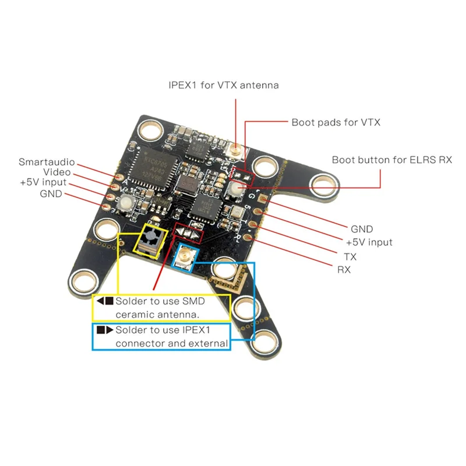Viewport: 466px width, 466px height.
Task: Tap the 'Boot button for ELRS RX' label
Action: coord(391,159)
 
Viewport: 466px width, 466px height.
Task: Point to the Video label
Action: coord(57,172)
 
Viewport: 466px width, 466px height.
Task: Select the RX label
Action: coord(344,270)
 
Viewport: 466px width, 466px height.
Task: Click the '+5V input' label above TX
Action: coord(369,242)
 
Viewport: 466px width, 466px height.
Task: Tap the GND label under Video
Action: coord(51,193)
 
